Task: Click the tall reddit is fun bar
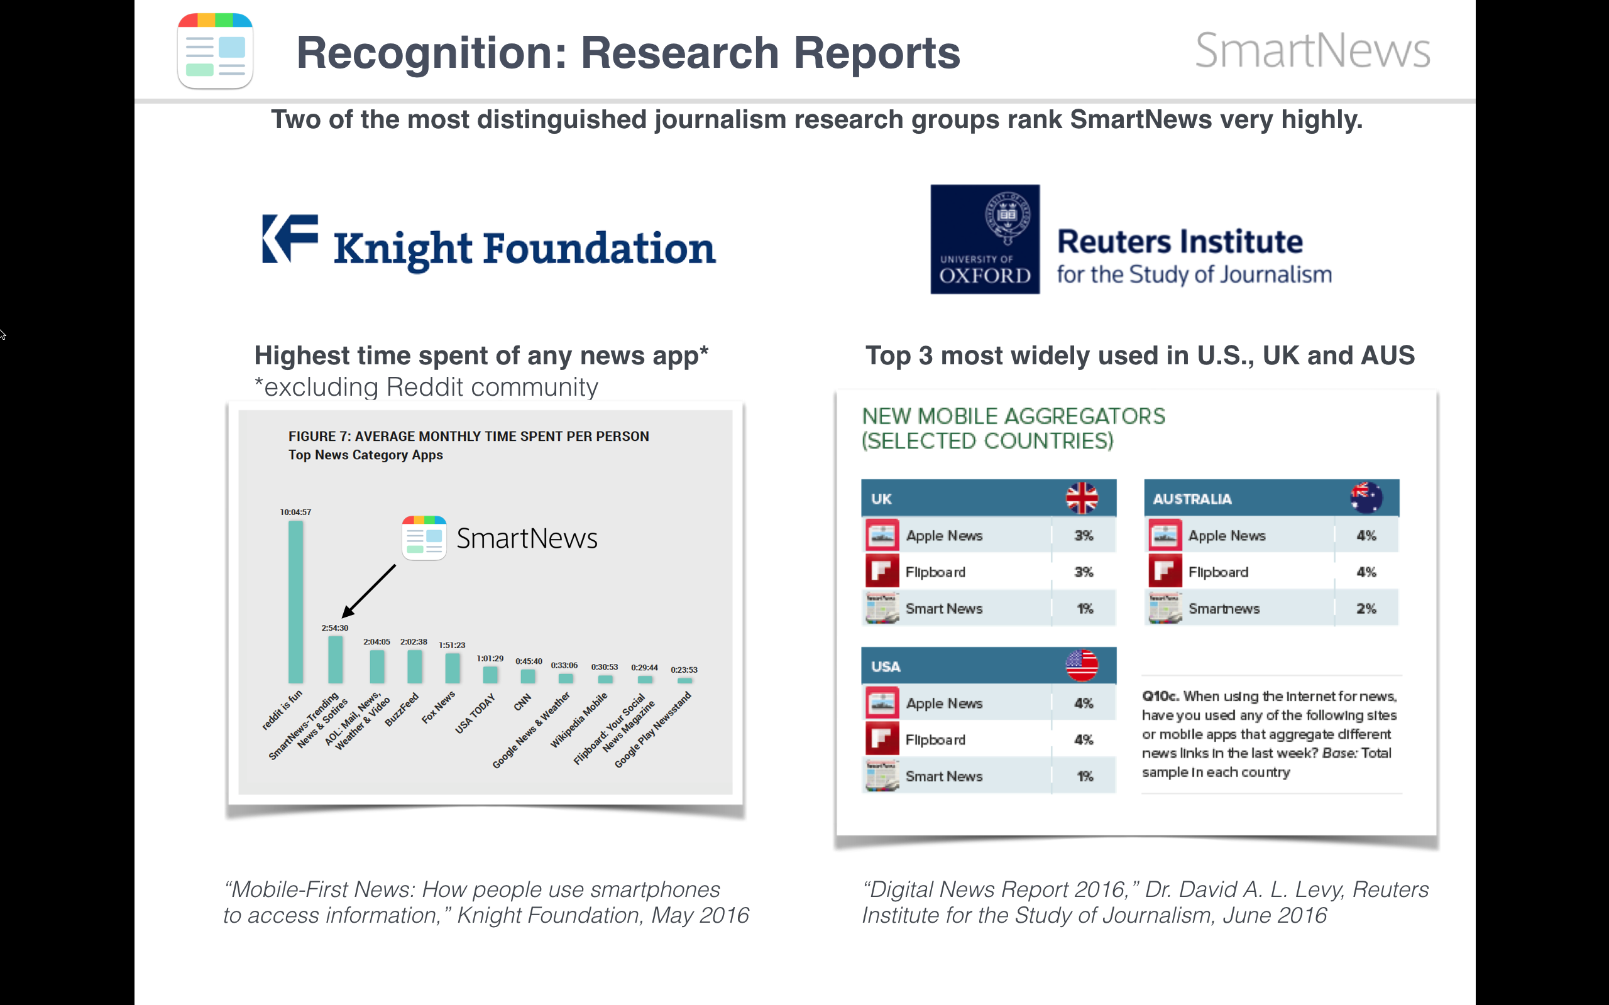point(296,602)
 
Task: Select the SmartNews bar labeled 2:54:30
point(336,660)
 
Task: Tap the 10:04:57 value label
point(295,512)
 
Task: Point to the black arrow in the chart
point(368,591)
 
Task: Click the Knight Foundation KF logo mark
point(290,239)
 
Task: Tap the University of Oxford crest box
point(985,239)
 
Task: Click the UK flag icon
point(1082,498)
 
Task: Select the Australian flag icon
point(1366,498)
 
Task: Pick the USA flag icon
point(1082,665)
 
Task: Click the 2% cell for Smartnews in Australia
point(1366,608)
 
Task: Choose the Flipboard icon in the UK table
point(882,572)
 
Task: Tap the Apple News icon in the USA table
point(882,703)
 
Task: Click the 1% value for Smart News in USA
point(1084,776)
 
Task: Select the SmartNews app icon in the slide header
point(216,51)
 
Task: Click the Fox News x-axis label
point(439,707)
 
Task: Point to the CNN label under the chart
point(522,702)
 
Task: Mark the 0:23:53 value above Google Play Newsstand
point(683,670)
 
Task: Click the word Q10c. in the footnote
point(1160,696)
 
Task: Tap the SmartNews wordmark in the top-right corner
point(1312,50)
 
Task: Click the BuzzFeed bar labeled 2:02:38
point(414,666)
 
